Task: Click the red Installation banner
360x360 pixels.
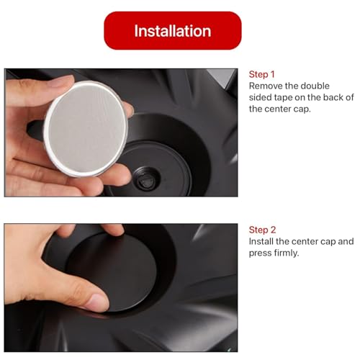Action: [172, 31]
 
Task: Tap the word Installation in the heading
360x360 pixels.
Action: [172, 31]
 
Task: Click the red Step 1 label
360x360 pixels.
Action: [262, 74]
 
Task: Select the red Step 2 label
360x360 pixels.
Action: [262, 229]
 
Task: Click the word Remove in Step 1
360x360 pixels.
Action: [266, 86]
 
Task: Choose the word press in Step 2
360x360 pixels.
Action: [261, 253]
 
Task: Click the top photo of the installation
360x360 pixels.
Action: [120, 132]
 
